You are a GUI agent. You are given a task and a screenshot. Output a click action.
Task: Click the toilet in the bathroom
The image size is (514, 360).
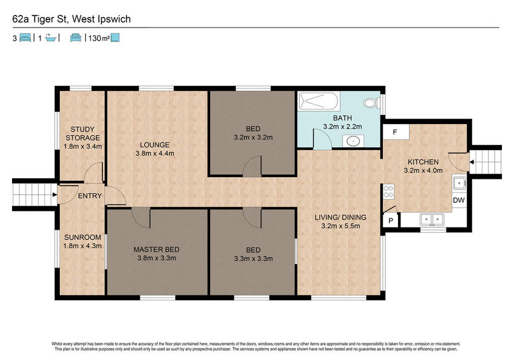(371, 103)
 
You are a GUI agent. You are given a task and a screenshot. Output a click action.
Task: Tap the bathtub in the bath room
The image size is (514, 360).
(318, 101)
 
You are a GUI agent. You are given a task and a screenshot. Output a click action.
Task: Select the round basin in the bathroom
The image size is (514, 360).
(354, 141)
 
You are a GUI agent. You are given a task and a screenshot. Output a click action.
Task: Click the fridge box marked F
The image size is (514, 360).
(396, 132)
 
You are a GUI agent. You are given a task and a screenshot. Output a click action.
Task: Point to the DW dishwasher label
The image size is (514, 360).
(459, 200)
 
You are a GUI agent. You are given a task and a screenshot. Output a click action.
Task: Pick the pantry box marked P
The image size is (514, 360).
(391, 221)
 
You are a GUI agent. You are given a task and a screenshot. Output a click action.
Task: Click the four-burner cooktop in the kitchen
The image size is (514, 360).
(388, 191)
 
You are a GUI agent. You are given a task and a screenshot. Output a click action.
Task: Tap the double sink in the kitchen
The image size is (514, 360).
(432, 219)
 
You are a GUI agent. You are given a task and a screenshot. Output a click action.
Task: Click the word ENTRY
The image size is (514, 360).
(90, 196)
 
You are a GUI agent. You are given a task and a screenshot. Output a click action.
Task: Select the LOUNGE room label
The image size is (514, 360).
(155, 145)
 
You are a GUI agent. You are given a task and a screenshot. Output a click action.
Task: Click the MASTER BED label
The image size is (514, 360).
(156, 250)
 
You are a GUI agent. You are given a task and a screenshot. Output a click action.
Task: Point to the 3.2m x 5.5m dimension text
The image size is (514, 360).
(340, 226)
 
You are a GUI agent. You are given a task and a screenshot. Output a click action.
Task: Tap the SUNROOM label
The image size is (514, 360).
(83, 237)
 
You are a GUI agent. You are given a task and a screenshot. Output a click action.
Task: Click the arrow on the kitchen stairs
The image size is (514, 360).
(472, 162)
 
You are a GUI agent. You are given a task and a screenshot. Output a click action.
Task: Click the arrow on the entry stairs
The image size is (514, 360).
(54, 195)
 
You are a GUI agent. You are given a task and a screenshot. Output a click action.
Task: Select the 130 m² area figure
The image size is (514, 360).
(99, 38)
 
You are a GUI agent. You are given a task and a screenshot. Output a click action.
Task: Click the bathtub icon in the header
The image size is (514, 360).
(51, 38)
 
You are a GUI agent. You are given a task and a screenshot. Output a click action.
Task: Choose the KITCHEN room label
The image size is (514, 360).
(423, 162)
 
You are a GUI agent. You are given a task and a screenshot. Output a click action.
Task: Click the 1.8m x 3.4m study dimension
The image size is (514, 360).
(83, 146)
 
